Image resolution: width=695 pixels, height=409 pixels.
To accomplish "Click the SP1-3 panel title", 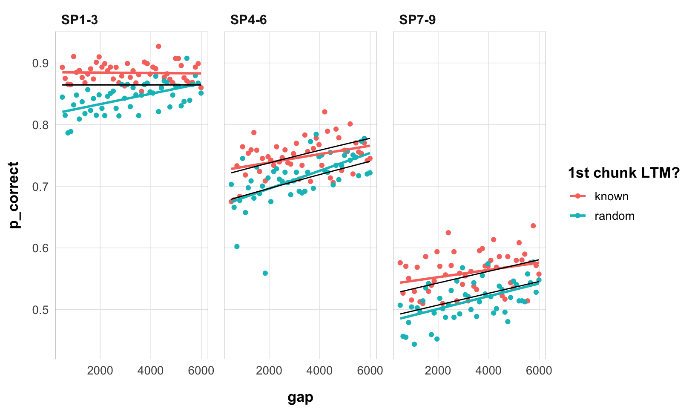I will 80,20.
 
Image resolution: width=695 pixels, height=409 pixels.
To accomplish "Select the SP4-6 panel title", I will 248,20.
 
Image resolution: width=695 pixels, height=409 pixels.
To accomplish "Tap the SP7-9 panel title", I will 417,20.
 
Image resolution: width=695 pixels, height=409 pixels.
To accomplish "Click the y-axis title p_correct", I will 14,195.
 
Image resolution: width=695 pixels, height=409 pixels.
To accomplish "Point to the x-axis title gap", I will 300,397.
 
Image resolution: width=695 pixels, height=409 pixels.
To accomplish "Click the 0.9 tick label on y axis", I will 40,63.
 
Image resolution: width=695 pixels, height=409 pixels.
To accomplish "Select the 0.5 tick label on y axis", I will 40,310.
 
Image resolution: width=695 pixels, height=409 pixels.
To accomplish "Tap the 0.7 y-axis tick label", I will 40,187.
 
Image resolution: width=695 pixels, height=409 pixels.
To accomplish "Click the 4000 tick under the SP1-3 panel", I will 151,371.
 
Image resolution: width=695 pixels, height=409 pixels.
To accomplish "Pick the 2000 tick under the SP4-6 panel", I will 269,371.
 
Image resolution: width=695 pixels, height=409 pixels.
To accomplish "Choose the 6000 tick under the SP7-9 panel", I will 539,371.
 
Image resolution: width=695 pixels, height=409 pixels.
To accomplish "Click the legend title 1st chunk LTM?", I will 623,173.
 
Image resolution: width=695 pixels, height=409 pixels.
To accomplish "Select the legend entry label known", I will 612,196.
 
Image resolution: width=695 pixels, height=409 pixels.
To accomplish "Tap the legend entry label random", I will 615,216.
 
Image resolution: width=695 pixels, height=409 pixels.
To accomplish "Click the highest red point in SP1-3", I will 158,46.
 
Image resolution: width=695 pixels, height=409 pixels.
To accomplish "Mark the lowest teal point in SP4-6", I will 265,273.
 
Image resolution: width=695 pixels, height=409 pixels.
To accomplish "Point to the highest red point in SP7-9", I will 533,226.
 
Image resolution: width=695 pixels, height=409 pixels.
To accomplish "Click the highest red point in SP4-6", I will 325,112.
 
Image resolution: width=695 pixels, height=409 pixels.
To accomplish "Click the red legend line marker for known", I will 578,196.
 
